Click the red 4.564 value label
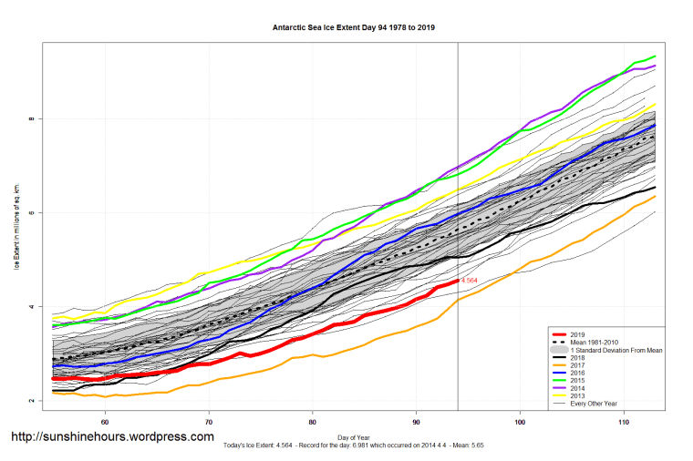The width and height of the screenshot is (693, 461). click(471, 281)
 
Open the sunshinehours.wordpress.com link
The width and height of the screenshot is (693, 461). click(112, 438)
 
